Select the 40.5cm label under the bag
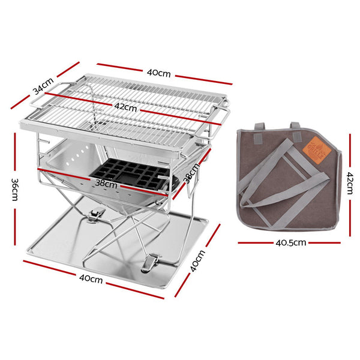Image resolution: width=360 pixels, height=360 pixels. pyautogui.click(x=290, y=244)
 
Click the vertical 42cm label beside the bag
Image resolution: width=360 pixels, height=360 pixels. pyautogui.click(x=350, y=180)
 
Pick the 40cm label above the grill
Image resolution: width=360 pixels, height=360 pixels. pyautogui.click(x=159, y=73)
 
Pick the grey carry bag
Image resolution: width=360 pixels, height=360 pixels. pyautogui.click(x=287, y=180)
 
